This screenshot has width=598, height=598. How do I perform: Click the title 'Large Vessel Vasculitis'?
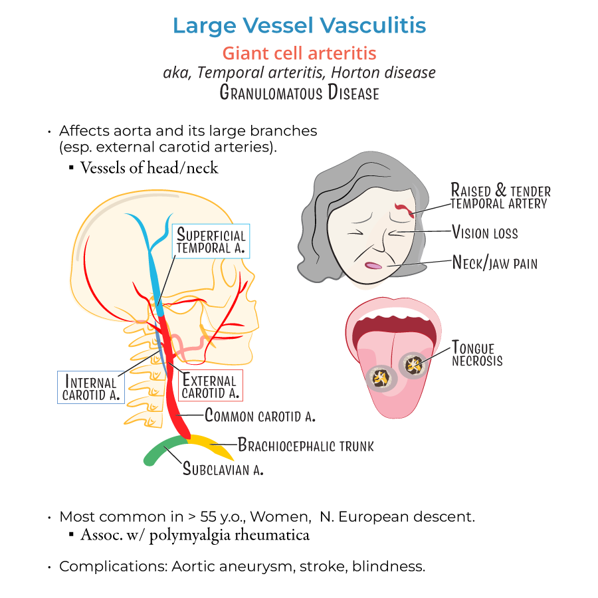tap(299, 25)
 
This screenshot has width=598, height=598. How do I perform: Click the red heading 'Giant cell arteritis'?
tap(299, 52)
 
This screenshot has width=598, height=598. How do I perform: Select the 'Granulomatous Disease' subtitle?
tap(299, 92)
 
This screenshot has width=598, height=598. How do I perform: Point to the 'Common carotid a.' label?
tap(260, 417)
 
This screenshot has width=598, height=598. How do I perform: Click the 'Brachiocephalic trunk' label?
tap(306, 445)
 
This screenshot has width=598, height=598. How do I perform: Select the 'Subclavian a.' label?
tap(223, 469)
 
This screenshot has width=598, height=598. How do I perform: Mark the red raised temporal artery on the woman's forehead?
tap(405, 210)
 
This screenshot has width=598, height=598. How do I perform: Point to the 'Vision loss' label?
tap(485, 233)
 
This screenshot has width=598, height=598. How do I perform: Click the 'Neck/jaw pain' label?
tap(494, 263)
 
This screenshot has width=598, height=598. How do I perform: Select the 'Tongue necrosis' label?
tap(477, 353)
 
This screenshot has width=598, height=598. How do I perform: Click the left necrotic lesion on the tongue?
tap(380, 378)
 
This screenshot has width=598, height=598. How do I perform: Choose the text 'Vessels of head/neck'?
tap(149, 167)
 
